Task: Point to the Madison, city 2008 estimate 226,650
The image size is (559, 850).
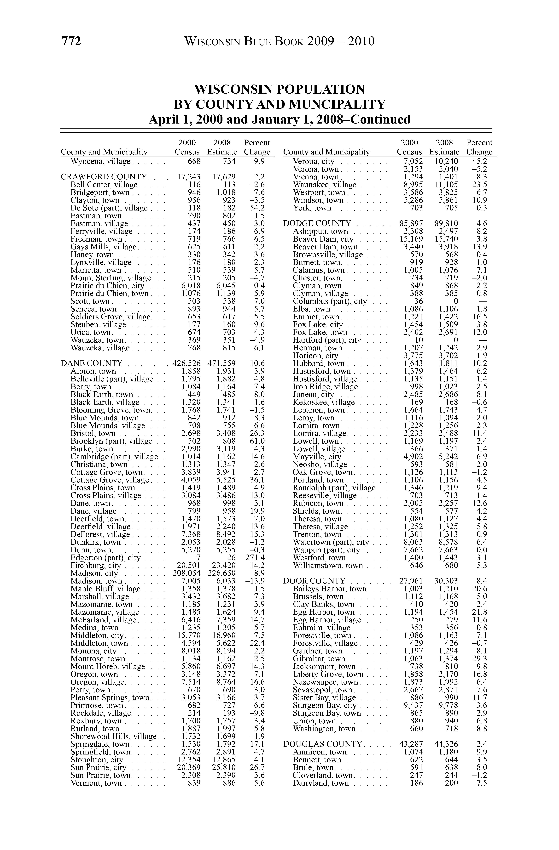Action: [x=222, y=573]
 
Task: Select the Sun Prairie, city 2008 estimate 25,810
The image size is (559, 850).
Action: [x=222, y=767]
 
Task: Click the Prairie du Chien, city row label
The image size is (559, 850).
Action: [x=107, y=286]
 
